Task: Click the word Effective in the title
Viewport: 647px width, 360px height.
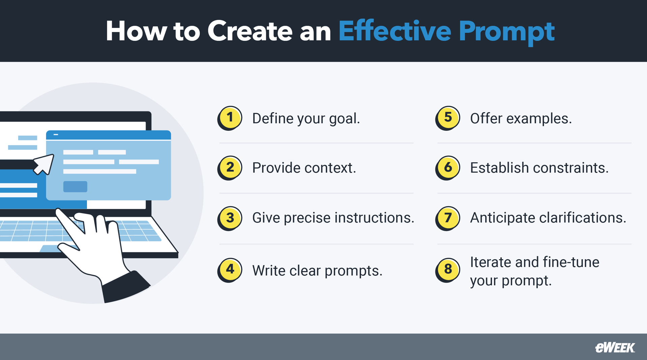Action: [x=395, y=31]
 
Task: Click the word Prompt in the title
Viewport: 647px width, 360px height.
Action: [x=506, y=32]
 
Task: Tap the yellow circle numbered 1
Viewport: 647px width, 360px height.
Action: [x=230, y=118]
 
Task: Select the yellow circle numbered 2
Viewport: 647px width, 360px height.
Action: [x=230, y=167]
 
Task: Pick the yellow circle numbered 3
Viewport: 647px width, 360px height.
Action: [x=230, y=218]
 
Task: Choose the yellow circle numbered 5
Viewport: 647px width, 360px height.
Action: [x=448, y=118]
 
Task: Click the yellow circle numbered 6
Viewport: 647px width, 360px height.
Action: [x=448, y=167]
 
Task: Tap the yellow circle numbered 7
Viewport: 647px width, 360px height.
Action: [x=448, y=218]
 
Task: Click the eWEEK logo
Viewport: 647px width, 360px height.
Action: [x=615, y=348]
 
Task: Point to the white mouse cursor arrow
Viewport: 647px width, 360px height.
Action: [x=44, y=164]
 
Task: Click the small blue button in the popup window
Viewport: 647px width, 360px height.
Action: [x=75, y=187]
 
